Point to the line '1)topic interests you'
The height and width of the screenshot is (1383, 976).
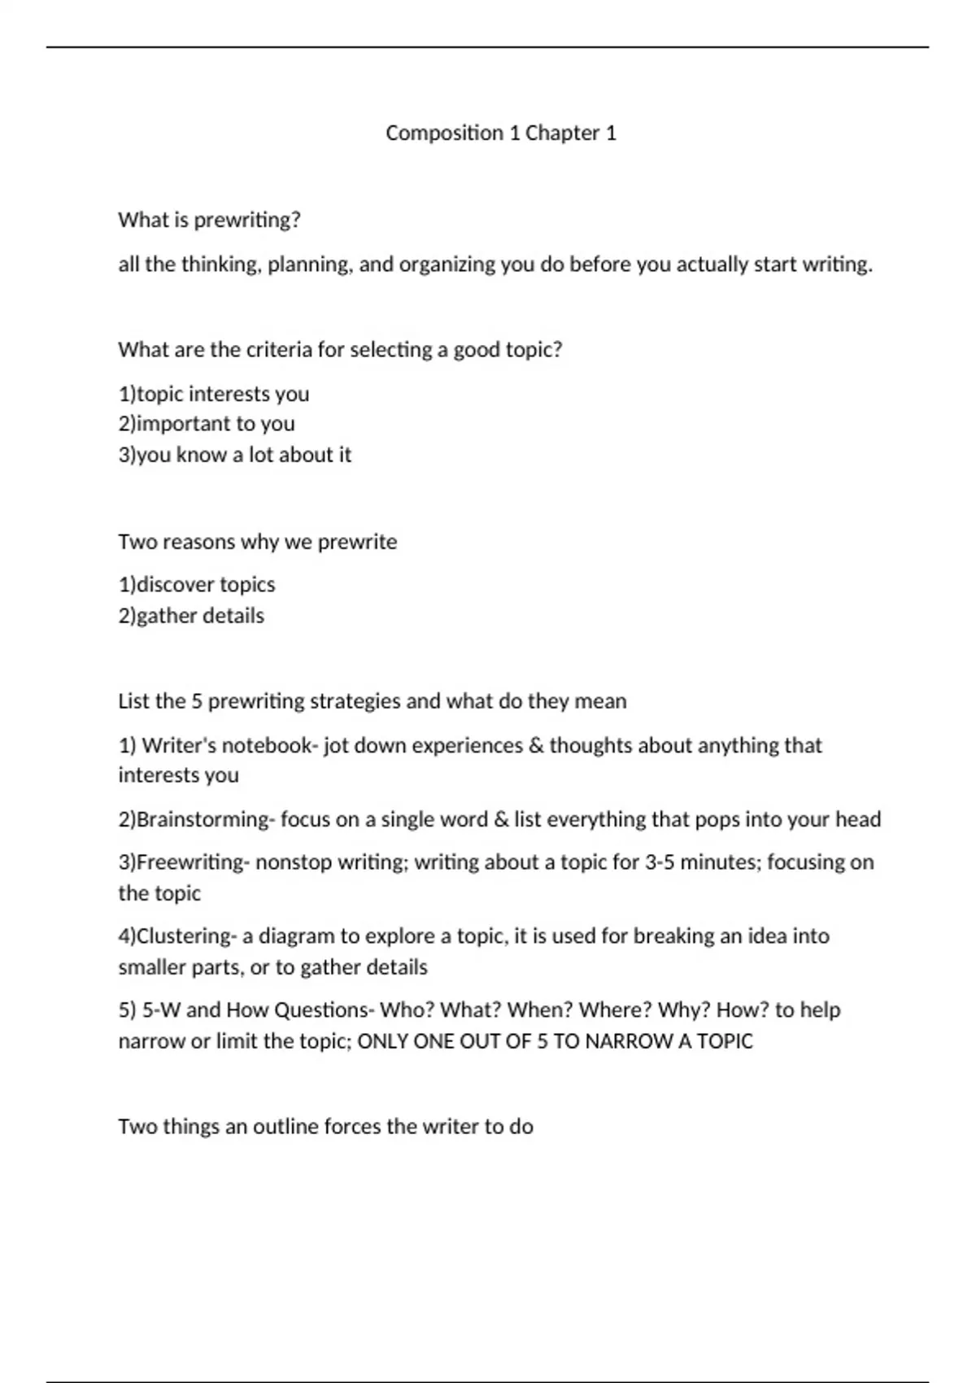point(214,394)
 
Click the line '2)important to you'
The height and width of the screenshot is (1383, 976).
point(207,424)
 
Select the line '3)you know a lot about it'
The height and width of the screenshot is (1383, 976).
point(235,455)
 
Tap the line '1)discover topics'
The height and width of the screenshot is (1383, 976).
point(197,584)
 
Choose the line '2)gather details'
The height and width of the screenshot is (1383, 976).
point(191,616)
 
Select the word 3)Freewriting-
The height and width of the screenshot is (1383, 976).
point(183,862)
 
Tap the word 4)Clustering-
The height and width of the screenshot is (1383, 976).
point(177,936)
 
